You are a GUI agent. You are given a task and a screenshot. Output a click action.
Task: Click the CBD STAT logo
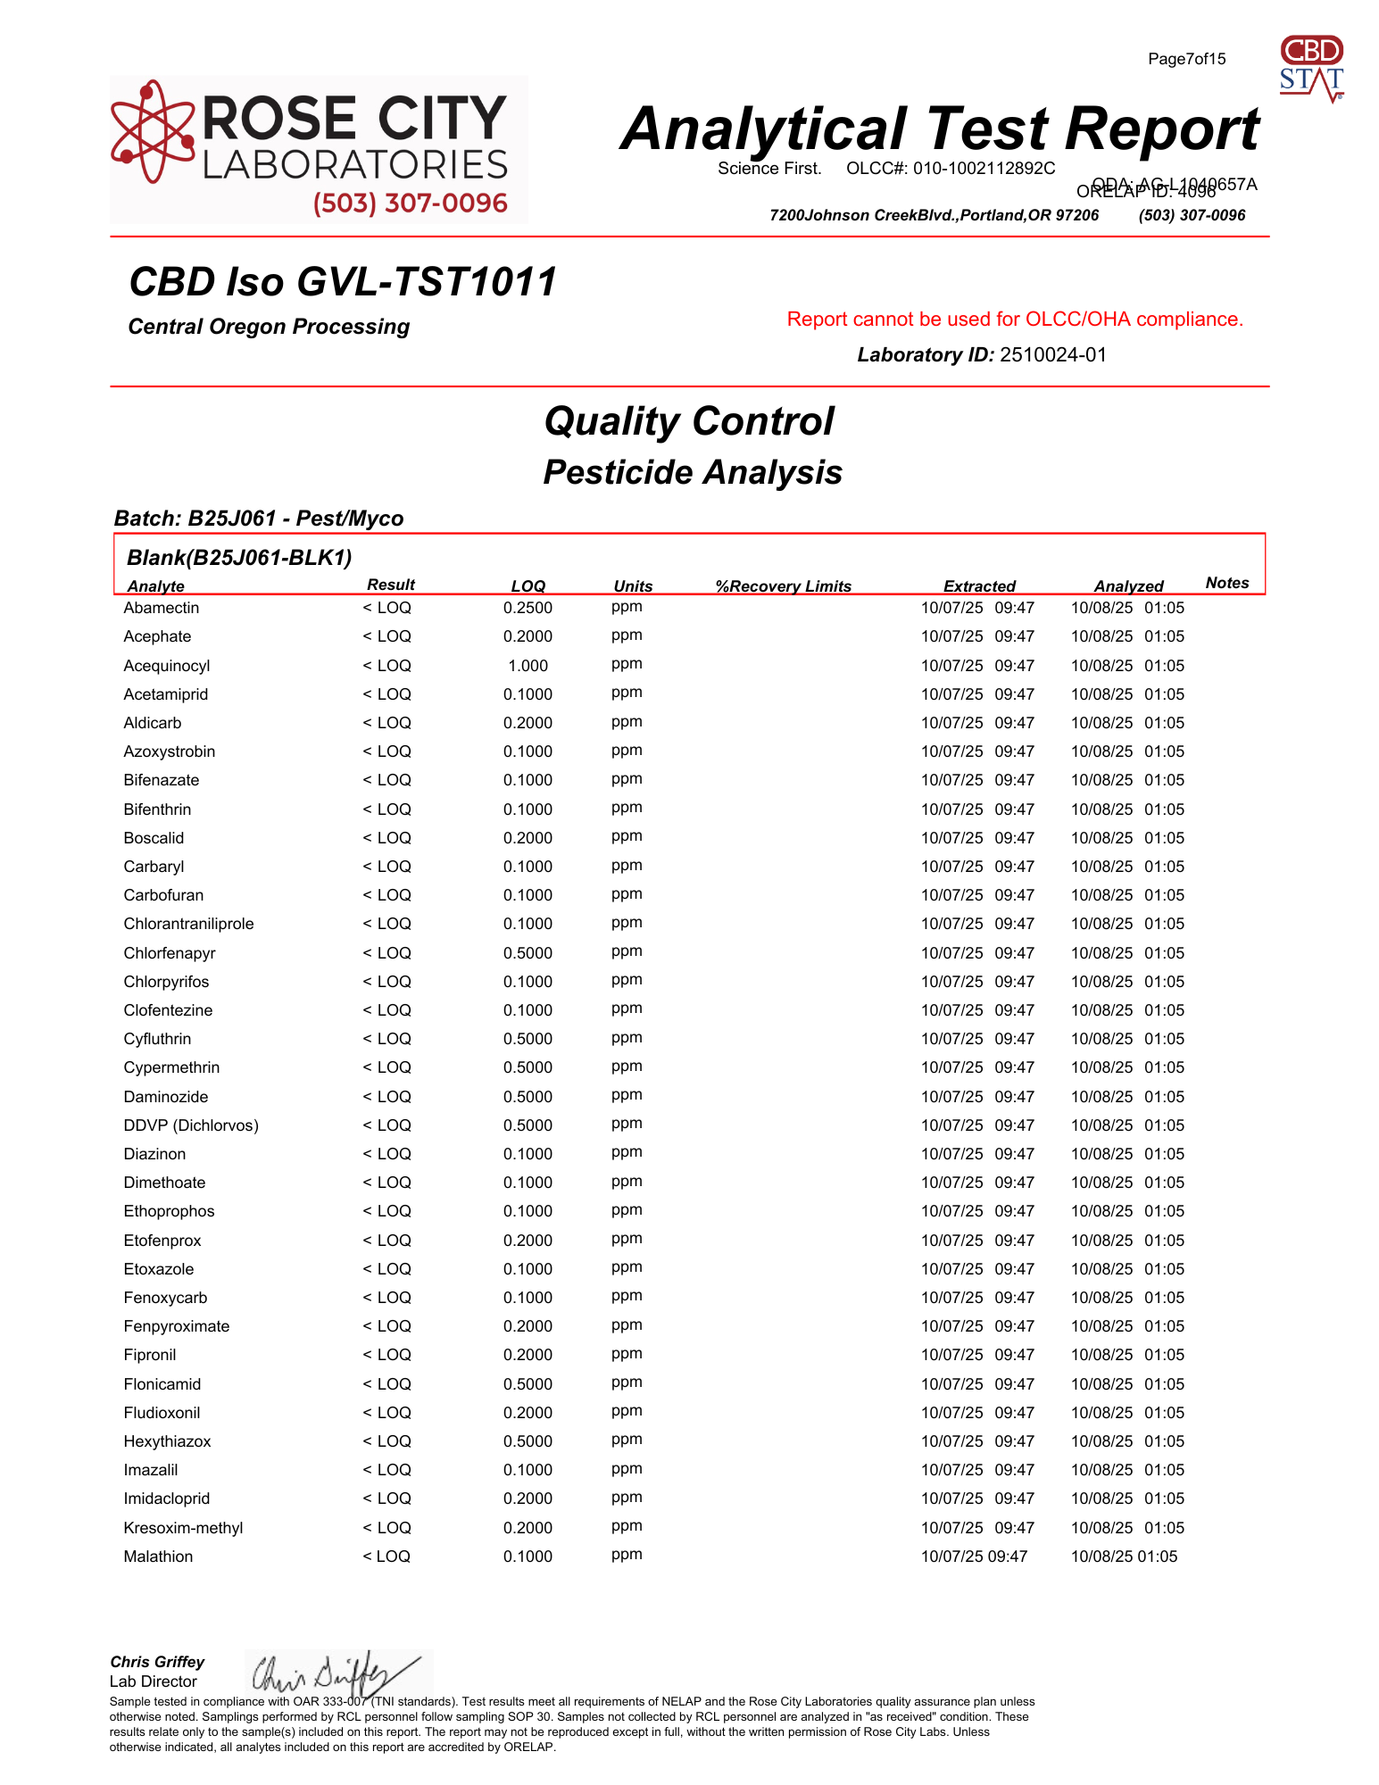pyautogui.click(x=1311, y=68)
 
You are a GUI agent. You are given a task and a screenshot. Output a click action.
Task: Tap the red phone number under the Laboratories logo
pyautogui.click(x=410, y=203)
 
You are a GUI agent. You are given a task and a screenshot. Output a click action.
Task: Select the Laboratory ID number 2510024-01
pyautogui.click(x=1052, y=355)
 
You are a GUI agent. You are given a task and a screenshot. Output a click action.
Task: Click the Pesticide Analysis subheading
pyautogui.click(x=693, y=472)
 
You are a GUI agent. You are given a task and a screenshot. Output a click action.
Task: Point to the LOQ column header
pyautogui.click(x=528, y=586)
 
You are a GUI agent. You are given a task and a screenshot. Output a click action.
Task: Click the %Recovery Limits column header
pyautogui.click(x=783, y=586)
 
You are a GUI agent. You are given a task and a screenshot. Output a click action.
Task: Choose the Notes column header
pyautogui.click(x=1226, y=583)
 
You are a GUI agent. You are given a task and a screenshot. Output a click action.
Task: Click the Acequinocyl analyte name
pyautogui.click(x=167, y=666)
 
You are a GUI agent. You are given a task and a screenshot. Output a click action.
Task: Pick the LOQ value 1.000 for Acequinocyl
pyautogui.click(x=528, y=666)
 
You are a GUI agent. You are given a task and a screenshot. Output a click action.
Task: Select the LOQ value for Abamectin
pyautogui.click(x=528, y=608)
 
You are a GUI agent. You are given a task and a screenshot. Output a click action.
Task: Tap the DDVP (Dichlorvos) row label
pyautogui.click(x=191, y=1125)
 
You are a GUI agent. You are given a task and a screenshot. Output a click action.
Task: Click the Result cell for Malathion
pyautogui.click(x=386, y=1557)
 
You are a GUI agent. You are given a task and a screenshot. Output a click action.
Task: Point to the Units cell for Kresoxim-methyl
pyautogui.click(x=627, y=1526)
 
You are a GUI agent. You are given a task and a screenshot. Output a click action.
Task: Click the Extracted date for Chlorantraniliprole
pyautogui.click(x=977, y=924)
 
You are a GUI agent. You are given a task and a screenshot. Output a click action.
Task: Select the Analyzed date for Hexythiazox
pyautogui.click(x=1127, y=1441)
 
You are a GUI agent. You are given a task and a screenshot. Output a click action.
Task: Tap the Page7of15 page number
pyautogui.click(x=1186, y=59)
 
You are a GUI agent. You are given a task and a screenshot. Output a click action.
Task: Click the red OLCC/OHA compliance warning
pyautogui.click(x=1015, y=320)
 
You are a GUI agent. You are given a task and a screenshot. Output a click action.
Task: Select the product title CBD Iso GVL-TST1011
pyautogui.click(x=343, y=282)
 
